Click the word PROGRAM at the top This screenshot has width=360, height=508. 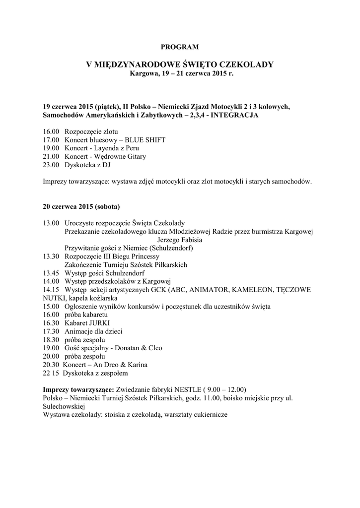point(180,47)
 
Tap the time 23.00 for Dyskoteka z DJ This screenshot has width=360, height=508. point(51,165)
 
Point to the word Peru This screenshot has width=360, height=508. point(133,148)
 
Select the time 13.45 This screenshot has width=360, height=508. point(51,273)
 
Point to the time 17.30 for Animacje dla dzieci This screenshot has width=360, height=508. point(51,331)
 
